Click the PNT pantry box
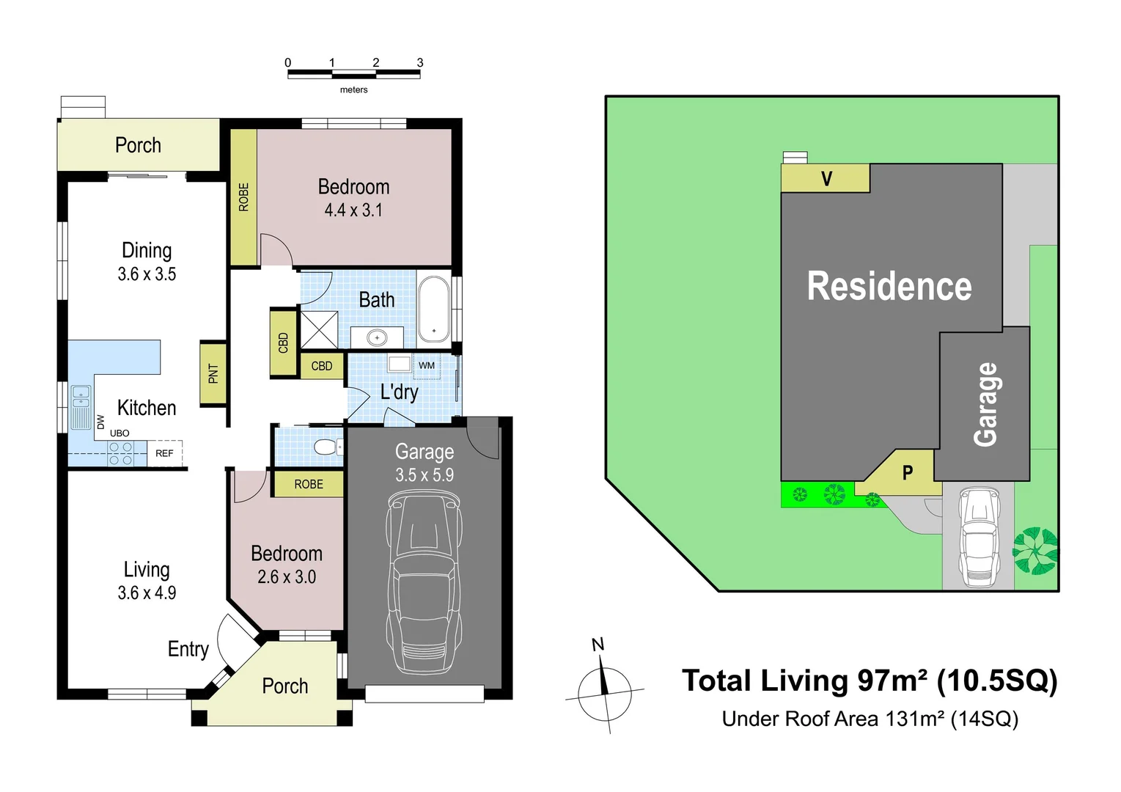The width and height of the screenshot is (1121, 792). pos(213,373)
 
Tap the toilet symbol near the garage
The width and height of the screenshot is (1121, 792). pos(325,447)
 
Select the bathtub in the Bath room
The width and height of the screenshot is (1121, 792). pos(433,311)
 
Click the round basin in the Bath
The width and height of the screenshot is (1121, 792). pos(377,337)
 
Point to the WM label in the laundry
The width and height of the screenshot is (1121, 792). pos(427,365)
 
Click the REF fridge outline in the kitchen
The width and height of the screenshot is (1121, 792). pos(165,454)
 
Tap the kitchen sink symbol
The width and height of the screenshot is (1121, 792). pos(81,407)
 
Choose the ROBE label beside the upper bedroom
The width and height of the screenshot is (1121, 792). pos(243,197)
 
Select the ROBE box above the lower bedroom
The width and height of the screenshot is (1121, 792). pos(309,484)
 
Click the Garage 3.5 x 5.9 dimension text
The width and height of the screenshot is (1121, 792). pos(424,474)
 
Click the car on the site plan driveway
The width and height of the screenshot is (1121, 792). pos(979,538)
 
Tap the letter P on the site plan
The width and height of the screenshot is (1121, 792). pos(908,473)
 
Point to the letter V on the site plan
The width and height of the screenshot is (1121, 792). pos(826,178)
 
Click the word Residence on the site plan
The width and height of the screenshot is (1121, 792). pos(889,286)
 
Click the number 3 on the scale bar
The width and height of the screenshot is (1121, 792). pos(420,63)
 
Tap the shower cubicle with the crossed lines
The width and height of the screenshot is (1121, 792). pos(320,330)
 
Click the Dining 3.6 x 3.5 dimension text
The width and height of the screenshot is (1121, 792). pos(147,274)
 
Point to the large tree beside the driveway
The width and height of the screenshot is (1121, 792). pos(1035,551)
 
